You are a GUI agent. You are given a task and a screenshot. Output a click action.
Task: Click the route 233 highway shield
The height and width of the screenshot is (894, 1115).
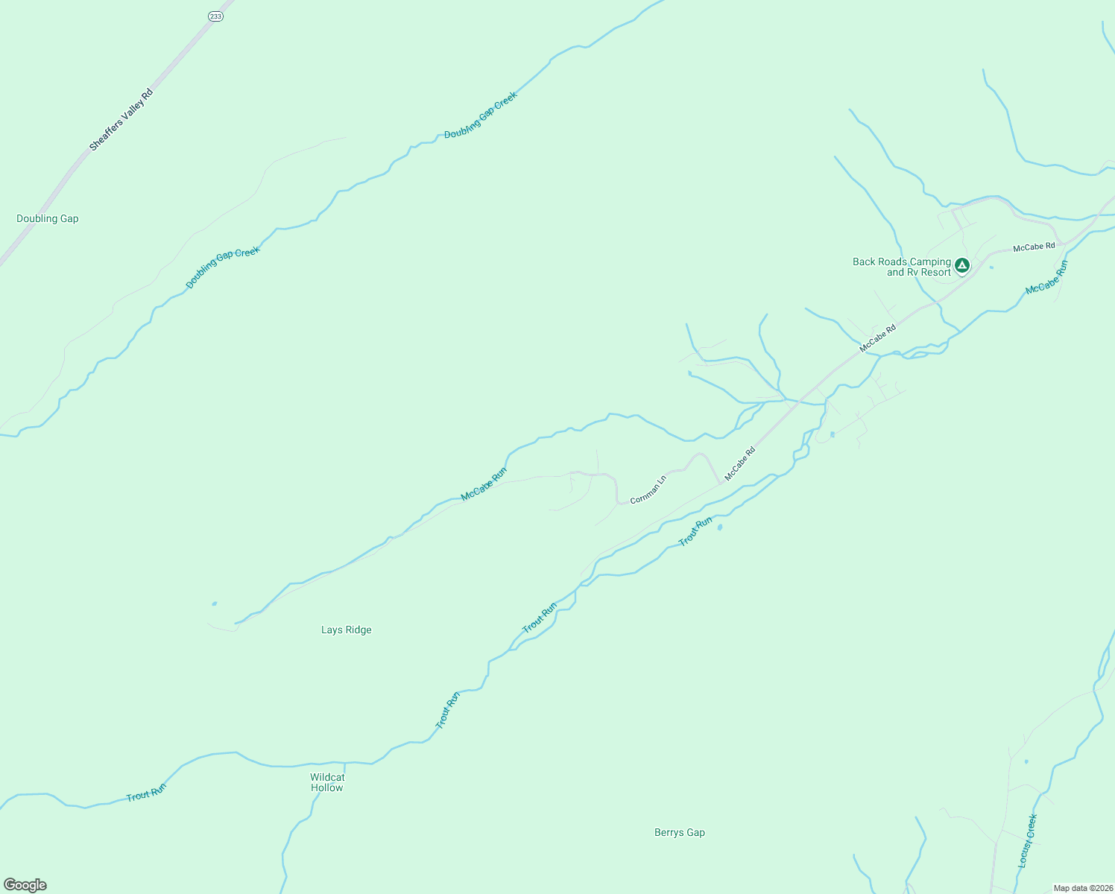pos(215,16)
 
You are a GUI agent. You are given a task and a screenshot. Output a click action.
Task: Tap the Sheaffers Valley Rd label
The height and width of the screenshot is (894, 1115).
pos(121,120)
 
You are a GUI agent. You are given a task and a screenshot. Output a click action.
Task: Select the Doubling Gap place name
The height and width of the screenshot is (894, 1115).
pos(48,218)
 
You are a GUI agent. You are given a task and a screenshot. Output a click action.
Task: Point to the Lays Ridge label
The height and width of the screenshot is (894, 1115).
pos(346,630)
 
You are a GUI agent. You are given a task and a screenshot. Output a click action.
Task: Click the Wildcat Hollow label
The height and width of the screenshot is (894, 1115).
pos(327,782)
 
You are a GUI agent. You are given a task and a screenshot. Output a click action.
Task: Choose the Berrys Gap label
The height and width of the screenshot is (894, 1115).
pos(679,832)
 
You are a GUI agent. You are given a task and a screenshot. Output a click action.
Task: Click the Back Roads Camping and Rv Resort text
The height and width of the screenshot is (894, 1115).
pos(902,267)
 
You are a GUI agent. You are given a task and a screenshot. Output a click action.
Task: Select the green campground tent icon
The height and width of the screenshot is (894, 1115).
pos(962,264)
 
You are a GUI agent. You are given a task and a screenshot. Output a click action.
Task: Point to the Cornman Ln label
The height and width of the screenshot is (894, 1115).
pos(648,489)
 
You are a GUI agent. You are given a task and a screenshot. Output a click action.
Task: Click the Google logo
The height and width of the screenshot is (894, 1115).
pos(25,885)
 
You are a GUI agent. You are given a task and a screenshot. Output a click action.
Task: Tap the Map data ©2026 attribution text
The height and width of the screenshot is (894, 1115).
pos(1082,888)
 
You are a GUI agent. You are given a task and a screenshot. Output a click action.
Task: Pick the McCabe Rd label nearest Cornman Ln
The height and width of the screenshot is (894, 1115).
pos(739,463)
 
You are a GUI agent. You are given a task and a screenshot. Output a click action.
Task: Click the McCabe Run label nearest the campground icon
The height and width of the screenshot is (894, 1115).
pos(1046,277)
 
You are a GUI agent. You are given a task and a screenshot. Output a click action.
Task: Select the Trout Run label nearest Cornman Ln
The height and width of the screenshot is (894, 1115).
pos(695,531)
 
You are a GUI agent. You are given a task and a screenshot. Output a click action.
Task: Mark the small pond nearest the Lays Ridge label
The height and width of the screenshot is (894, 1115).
pos(215,603)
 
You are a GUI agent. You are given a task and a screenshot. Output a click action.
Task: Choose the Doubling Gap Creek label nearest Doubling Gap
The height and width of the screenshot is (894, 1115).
pos(222,267)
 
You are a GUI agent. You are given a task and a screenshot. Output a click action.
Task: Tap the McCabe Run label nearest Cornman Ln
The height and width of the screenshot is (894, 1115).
pos(484,484)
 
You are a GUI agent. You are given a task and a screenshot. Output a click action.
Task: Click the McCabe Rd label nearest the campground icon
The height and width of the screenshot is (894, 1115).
pos(1034,246)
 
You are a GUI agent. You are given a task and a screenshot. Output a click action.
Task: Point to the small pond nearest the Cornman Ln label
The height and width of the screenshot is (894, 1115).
pos(719,527)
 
